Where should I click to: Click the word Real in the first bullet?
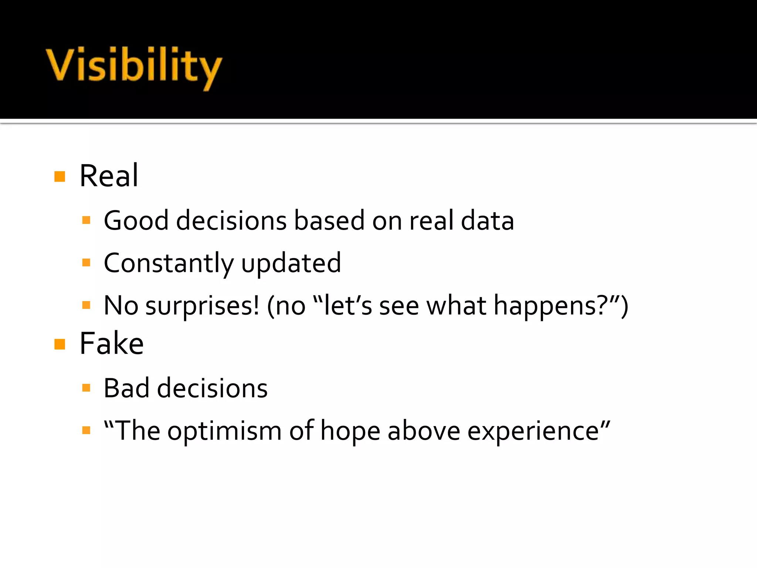click(109, 176)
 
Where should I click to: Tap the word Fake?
click(111, 344)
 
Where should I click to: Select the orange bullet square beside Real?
click(60, 176)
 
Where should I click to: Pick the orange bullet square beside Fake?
click(60, 344)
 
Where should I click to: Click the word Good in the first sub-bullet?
click(136, 221)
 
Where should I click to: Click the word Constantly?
click(169, 263)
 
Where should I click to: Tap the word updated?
click(291, 263)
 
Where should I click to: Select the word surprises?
click(202, 306)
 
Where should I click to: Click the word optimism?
click(224, 431)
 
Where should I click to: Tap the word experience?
click(533, 431)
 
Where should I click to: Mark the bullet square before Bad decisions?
click(86, 388)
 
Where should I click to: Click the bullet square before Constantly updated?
click(86, 263)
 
